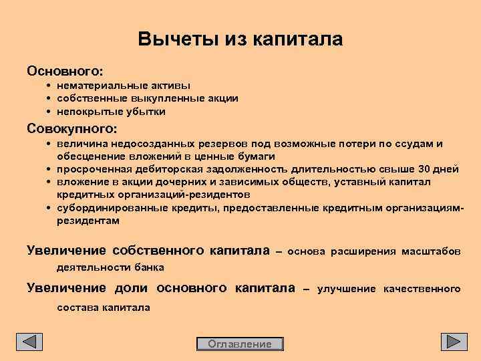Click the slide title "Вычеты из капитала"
coord(240,39)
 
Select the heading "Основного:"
coord(64,70)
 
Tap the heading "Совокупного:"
coord(71,128)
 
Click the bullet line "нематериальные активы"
coord(124,86)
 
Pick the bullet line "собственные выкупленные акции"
coord(147,98)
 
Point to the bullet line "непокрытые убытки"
coord(111,111)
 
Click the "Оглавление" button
coord(240,344)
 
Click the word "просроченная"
coord(90,169)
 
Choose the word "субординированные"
coord(105,207)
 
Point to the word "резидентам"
coord(88,220)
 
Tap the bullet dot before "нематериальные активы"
coord(50,86)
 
